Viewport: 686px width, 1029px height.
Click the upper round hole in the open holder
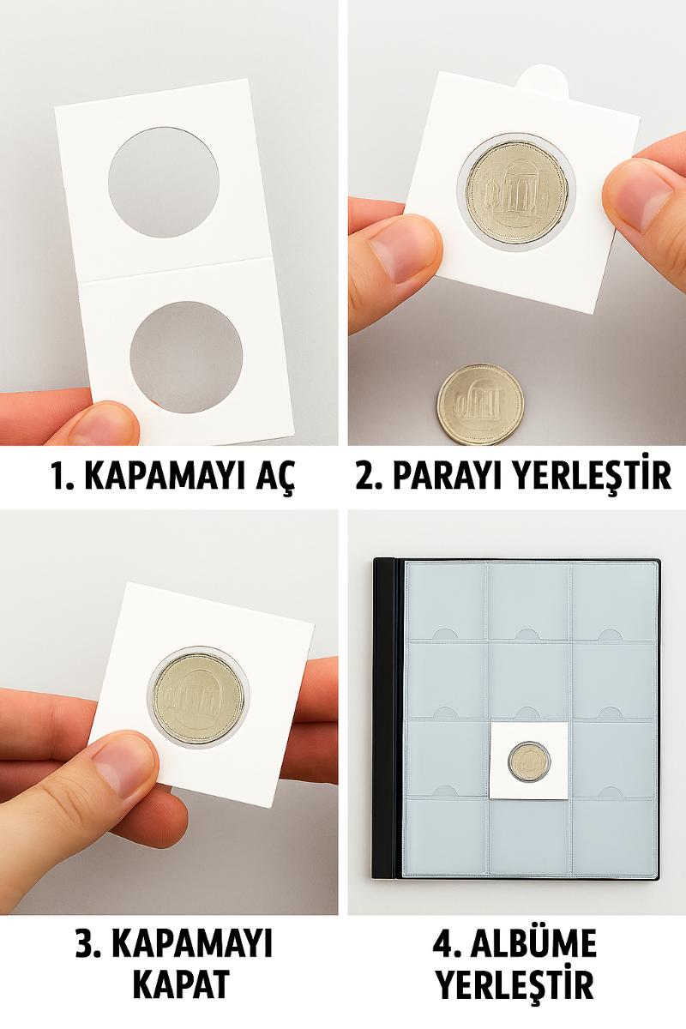(x=164, y=183)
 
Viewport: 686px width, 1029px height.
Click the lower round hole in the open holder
(x=186, y=357)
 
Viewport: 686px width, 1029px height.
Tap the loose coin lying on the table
(x=480, y=404)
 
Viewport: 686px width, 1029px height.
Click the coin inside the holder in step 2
(x=517, y=189)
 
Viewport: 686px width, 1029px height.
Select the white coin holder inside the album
(x=528, y=761)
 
